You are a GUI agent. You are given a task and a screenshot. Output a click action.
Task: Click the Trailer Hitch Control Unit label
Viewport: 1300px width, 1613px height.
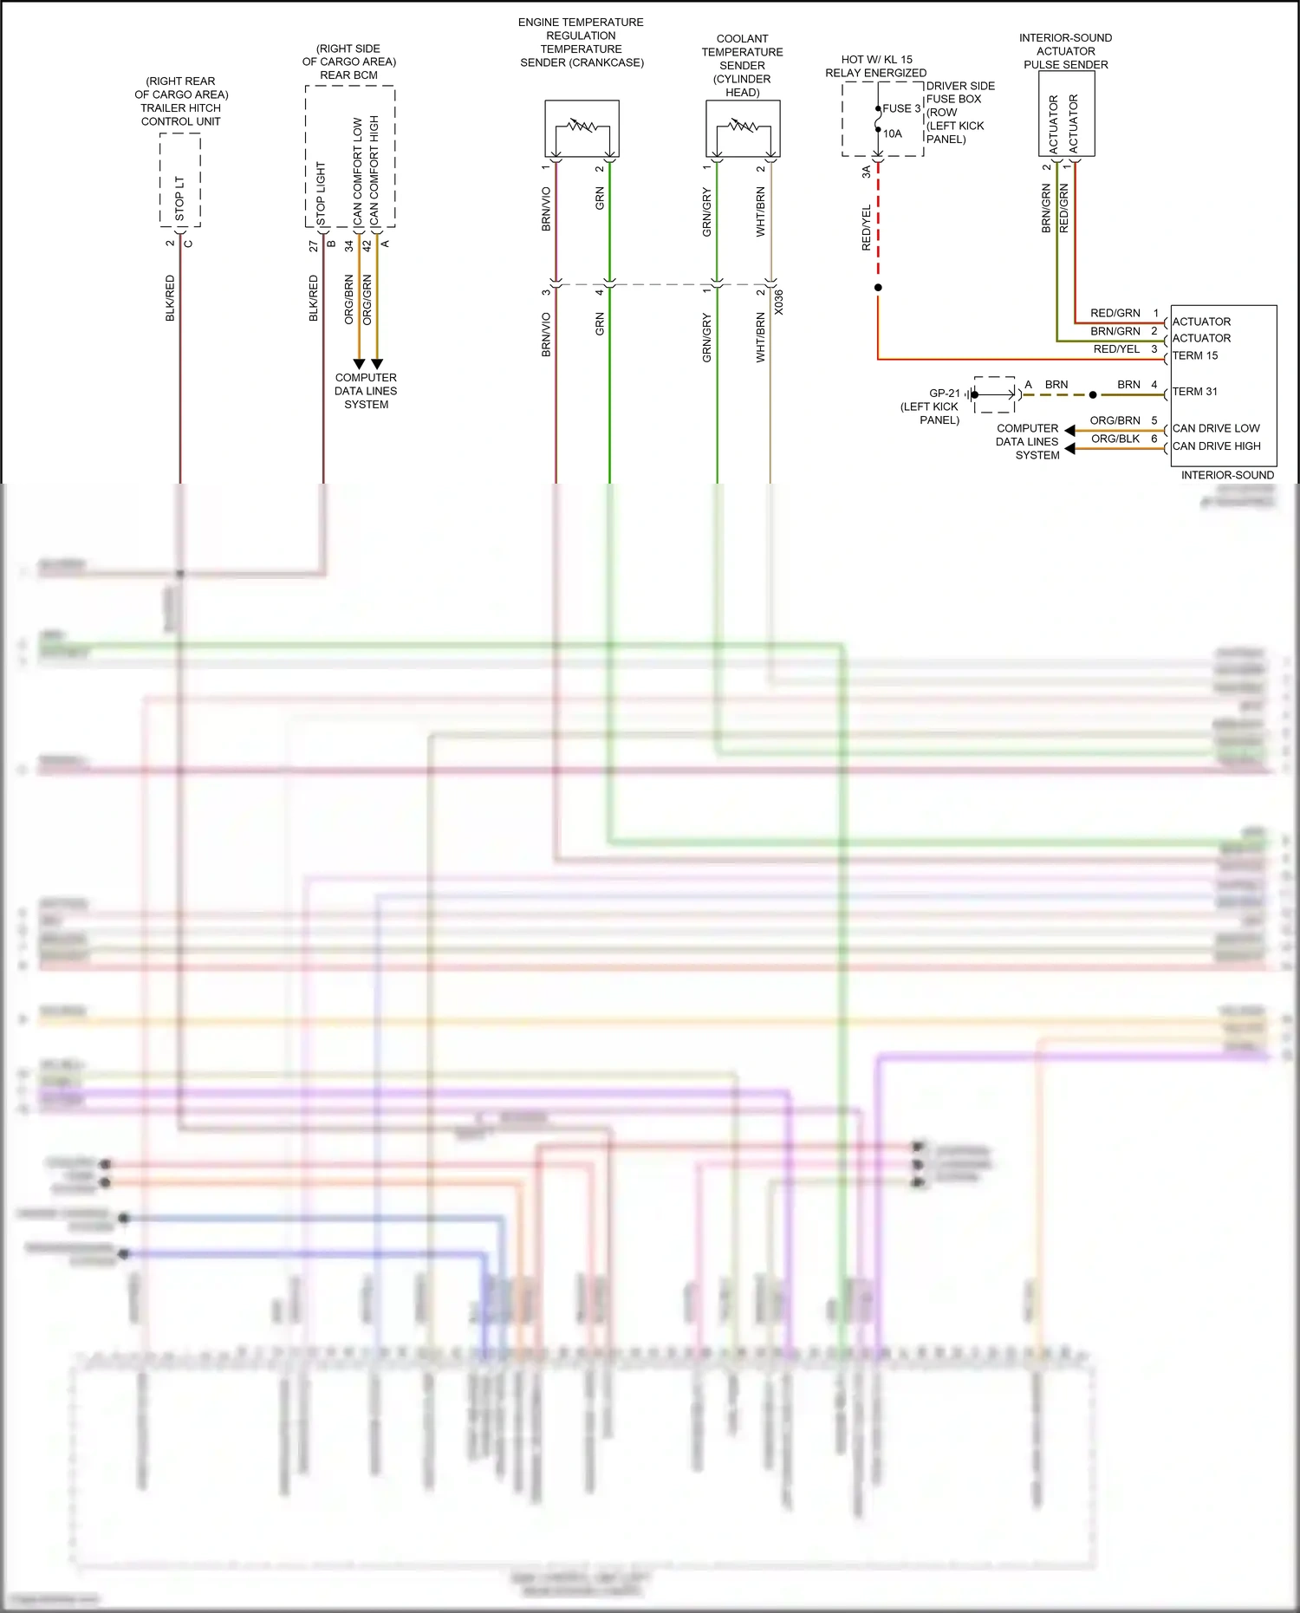181,101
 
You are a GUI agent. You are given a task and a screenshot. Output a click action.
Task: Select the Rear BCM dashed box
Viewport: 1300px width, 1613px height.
350,156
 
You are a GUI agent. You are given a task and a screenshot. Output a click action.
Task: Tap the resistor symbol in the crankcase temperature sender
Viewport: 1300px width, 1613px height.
582,127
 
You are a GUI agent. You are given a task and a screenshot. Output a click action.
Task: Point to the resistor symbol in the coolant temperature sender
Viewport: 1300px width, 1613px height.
743,127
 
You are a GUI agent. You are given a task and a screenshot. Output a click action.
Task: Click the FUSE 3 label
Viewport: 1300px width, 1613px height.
901,108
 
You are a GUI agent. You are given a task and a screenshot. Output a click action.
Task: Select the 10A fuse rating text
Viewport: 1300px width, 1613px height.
893,133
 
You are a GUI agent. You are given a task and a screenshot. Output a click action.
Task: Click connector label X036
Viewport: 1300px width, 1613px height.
778,302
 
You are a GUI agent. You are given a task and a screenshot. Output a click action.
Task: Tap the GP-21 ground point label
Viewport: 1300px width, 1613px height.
944,393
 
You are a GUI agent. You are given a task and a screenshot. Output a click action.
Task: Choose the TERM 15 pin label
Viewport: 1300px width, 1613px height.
1195,355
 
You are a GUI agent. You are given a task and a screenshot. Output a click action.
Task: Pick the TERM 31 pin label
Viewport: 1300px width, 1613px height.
1195,392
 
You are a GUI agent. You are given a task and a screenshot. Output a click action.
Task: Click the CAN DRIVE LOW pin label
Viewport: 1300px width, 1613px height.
1216,428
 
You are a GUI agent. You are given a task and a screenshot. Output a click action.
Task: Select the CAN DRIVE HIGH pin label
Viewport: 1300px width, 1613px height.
1217,446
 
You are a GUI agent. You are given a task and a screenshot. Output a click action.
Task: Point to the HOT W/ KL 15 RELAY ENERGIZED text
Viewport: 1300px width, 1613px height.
876,66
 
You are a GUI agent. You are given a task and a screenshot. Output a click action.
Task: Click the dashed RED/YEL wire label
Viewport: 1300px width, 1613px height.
866,228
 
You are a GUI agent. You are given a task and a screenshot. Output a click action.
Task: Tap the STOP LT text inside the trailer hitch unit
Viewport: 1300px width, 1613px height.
180,198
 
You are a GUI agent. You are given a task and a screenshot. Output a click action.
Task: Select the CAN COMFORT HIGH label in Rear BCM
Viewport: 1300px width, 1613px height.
374,171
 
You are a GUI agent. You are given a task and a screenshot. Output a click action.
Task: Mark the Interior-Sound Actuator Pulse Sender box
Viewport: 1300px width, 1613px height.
1066,114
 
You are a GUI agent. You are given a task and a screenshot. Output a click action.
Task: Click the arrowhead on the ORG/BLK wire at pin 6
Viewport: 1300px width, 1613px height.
1070,448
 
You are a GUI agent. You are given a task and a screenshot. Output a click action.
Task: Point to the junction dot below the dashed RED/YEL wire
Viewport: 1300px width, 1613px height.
878,288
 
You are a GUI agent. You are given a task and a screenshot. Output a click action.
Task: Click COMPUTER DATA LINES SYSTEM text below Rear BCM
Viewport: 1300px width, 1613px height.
366,391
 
